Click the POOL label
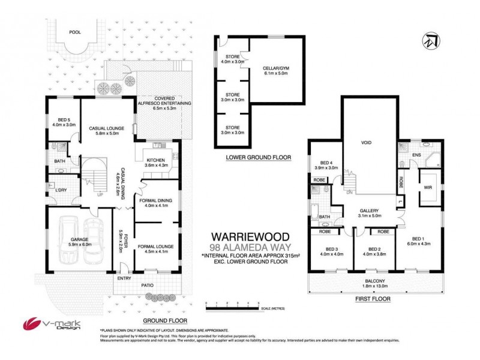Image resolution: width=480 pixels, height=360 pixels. [75, 32]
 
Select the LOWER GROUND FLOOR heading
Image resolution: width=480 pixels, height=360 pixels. [258, 157]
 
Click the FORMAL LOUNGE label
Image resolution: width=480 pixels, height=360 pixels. [156, 246]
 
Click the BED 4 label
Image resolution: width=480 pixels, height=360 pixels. [326, 163]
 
